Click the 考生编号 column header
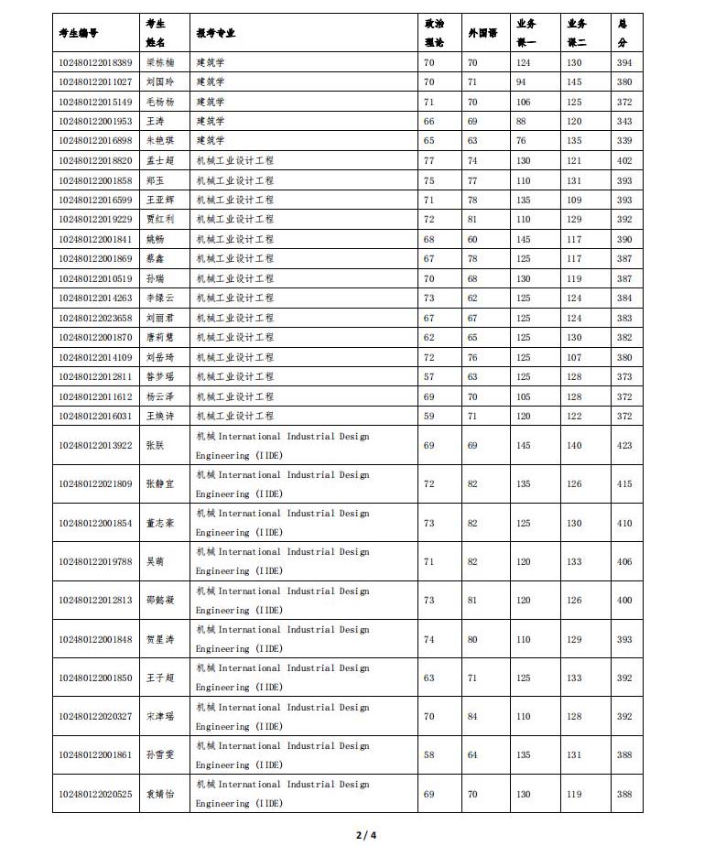pyautogui.click(x=78, y=33)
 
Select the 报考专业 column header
pyautogui.click(x=215, y=33)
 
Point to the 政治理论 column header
pyautogui.click(x=434, y=33)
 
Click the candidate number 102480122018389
pyautogui.click(x=94, y=62)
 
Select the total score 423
pyautogui.click(x=624, y=445)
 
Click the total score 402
pyautogui.click(x=624, y=160)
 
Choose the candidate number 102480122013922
pyautogui.click(x=94, y=445)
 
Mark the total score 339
pyautogui.click(x=624, y=141)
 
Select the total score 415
pyautogui.click(x=624, y=483)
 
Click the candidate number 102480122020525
pyautogui.click(x=94, y=794)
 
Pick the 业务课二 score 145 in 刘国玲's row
pyautogui.click(x=574, y=81)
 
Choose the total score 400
pyautogui.click(x=624, y=600)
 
